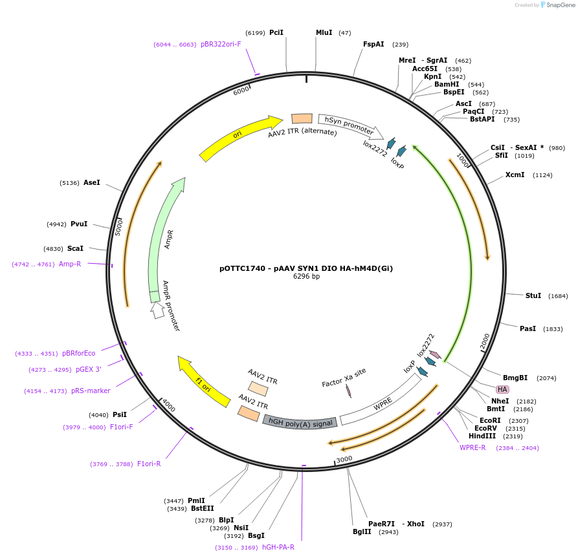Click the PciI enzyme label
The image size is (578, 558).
(276, 32)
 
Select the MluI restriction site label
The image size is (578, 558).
(324, 32)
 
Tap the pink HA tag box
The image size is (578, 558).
(502, 389)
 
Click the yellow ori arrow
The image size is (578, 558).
(239, 138)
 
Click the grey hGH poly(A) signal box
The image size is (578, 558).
(300, 422)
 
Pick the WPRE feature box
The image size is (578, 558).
(382, 402)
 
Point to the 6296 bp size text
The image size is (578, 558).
(306, 277)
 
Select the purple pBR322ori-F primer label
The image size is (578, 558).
(221, 45)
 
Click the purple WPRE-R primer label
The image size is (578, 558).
(472, 447)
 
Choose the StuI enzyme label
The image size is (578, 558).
(533, 295)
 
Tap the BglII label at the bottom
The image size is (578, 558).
(362, 531)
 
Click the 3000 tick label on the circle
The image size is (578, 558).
(344, 460)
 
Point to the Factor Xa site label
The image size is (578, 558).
(344, 378)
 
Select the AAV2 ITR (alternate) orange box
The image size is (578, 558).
(302, 118)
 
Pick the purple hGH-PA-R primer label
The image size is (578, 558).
(278, 547)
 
